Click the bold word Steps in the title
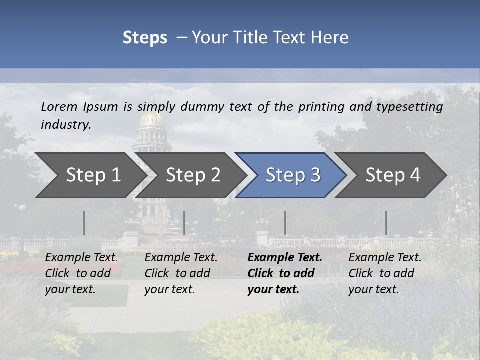point(145,37)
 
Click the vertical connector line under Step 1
point(84,223)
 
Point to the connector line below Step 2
point(184,223)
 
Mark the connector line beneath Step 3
point(285,223)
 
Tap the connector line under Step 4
point(386,223)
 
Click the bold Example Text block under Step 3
point(285,273)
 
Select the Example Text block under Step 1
point(81,273)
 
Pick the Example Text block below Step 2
point(181,273)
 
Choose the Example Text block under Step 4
point(385,273)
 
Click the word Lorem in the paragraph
point(59,106)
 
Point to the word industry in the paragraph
point(66,124)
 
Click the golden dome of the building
point(152,120)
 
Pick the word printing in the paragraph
point(320,106)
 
